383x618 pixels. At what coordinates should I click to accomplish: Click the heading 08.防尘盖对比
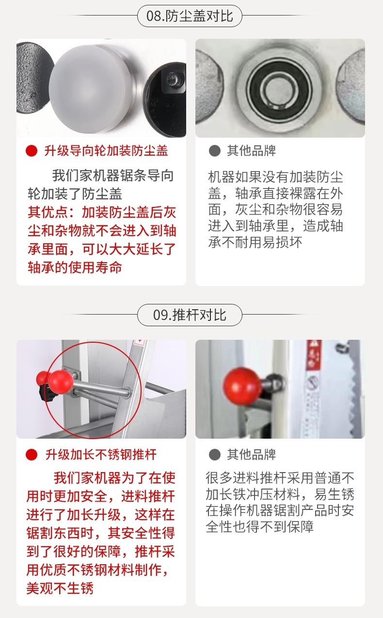point(190,16)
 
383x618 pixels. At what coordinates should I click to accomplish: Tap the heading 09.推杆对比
point(190,315)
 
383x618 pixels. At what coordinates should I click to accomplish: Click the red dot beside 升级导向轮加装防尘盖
point(32,151)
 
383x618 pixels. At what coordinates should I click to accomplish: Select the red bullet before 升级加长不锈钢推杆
point(32,455)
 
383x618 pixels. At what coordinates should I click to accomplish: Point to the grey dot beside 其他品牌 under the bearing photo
point(215,151)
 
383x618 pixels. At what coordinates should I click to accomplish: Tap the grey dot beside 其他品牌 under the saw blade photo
point(215,455)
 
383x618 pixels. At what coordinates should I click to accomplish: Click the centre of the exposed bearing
point(280,88)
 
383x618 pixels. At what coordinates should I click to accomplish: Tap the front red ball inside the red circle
point(61,382)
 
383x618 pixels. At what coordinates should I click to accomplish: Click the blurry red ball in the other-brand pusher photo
point(242,386)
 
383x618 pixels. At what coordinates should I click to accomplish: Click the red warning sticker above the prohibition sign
point(314,355)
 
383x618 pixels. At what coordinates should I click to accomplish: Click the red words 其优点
point(48,212)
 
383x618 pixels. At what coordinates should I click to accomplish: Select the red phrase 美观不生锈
point(60,588)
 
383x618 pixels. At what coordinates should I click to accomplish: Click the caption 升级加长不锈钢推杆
point(101,455)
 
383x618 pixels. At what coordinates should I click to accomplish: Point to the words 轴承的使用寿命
point(75,268)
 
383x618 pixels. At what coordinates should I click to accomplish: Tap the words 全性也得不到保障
point(260,527)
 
